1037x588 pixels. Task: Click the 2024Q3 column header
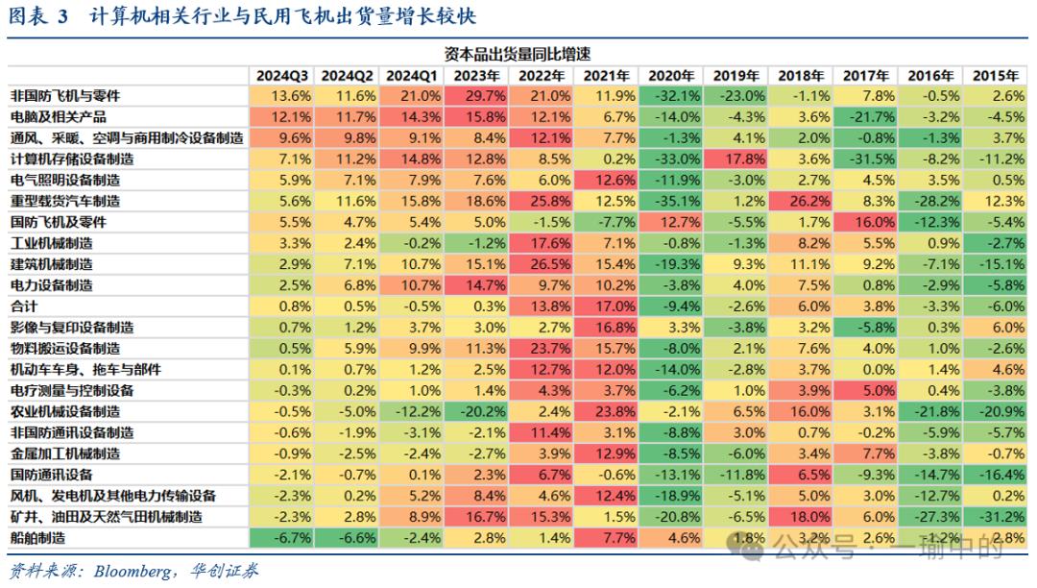281,75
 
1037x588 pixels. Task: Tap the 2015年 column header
996,75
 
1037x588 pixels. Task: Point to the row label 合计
24,306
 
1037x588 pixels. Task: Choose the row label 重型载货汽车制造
65,201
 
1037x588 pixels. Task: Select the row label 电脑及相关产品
59,117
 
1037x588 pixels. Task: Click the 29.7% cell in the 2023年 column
478,96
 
